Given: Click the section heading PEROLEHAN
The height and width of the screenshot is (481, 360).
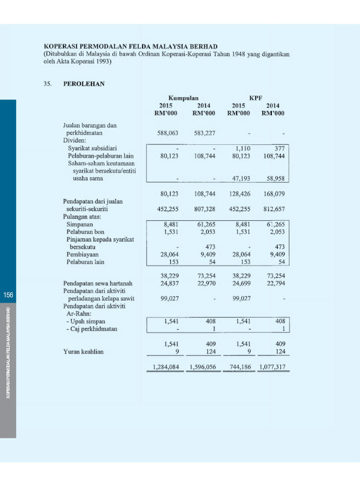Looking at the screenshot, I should coord(84,84).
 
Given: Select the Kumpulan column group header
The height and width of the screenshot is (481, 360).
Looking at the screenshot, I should coord(184,98).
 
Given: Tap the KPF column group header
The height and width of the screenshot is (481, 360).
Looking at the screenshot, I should coord(256,98).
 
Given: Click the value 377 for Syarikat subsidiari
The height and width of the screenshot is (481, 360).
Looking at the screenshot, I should coord(279,148).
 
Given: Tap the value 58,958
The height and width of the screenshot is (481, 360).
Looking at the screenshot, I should coord(275,179).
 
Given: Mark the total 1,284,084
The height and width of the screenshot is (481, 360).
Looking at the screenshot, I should coord(165,367).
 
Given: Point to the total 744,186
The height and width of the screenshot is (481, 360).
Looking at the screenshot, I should coord(238,367).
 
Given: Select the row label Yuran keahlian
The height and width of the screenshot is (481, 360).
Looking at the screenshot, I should coord(84,351).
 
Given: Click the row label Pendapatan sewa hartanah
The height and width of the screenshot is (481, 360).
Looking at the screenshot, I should coord(98,283).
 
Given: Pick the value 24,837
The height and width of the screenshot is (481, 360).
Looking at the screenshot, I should coord(169,283).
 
